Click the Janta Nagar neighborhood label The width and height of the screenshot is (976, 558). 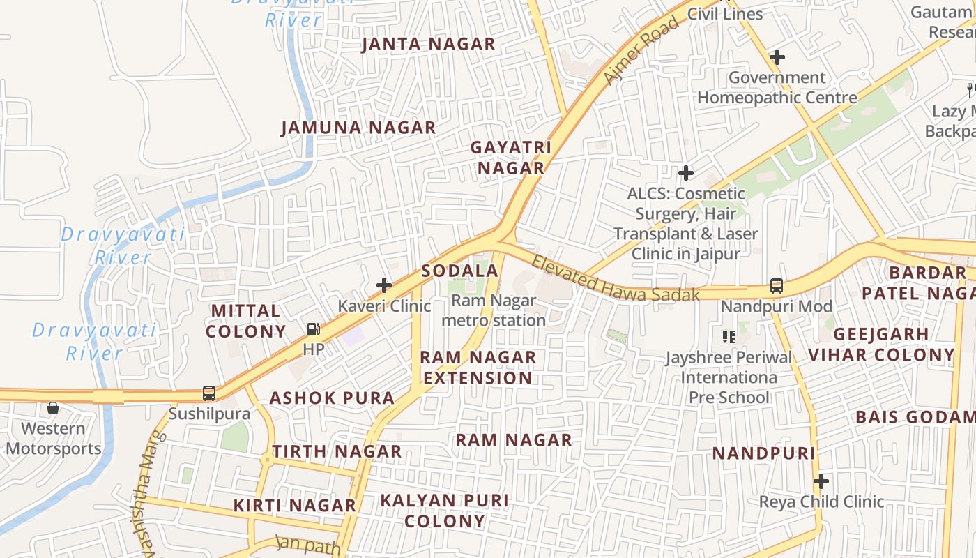pos(428,45)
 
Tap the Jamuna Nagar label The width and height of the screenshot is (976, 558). pos(358,128)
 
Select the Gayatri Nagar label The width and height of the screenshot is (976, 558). pos(510,158)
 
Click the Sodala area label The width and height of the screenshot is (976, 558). pos(460,271)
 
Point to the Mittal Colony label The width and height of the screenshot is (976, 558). pos(245,321)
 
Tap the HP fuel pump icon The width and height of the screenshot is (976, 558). pos(314,329)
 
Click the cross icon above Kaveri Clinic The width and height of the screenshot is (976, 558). pos(384,285)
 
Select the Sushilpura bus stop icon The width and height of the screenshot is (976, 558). pos(209,393)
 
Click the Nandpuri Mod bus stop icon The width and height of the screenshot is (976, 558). pos(776,285)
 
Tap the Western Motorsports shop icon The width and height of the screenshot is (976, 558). pos(53,408)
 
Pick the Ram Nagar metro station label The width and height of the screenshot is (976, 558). pos(494,311)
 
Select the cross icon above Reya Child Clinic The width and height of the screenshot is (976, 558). pos(821,481)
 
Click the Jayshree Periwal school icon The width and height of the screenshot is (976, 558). pos(729,337)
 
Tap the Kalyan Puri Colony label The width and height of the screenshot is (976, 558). pos(444,511)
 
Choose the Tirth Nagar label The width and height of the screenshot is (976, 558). pos(337,452)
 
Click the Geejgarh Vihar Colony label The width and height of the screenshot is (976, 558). pos(881,345)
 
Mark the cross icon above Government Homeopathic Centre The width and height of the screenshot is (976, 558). pos(777,56)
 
